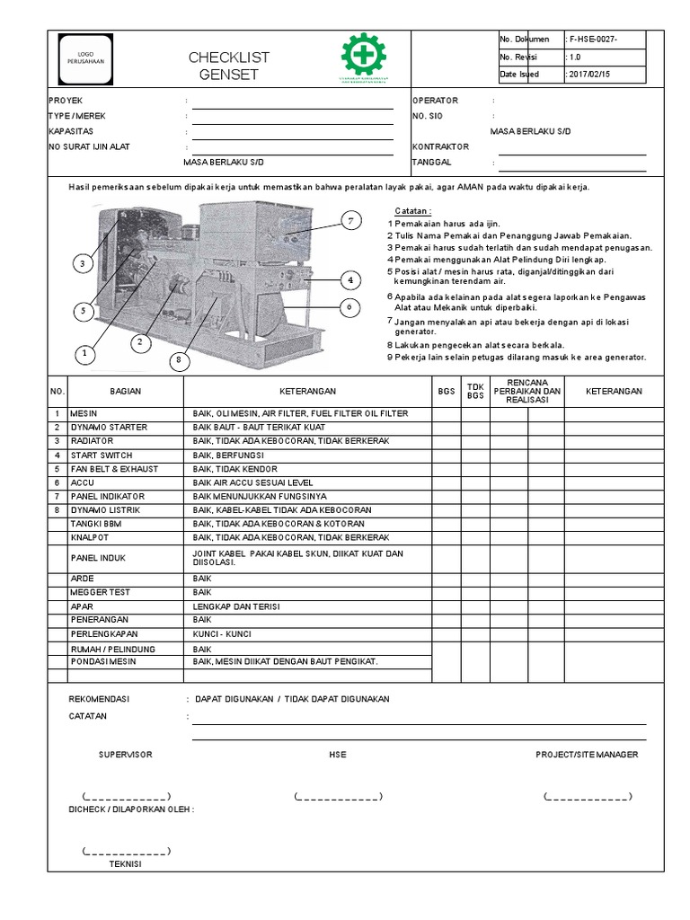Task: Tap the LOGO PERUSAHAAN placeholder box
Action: pos(84,57)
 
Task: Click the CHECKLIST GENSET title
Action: pos(228,66)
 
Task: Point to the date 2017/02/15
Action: pos(589,75)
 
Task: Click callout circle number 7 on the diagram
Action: pos(351,220)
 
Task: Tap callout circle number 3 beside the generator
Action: pos(82,263)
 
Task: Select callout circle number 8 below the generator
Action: pos(178,360)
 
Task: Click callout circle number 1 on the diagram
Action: pos(86,354)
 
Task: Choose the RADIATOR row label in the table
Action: pos(89,441)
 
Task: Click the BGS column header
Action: pos(446,392)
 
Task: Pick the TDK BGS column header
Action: pos(475,392)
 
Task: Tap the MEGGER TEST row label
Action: pos(93,593)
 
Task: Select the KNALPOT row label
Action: pos(88,537)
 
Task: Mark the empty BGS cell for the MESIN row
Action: pos(446,413)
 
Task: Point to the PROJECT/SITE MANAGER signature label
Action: pos(587,755)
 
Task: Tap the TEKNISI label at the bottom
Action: pos(125,864)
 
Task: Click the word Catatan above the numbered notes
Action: pos(413,210)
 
